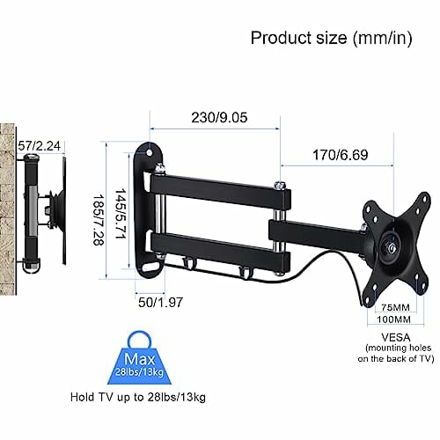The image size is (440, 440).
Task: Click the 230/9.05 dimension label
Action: click(x=219, y=117)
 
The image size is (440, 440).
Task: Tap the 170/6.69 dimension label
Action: click(x=341, y=155)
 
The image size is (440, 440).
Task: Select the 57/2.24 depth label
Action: click(x=40, y=146)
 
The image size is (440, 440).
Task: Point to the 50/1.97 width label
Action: click(x=160, y=302)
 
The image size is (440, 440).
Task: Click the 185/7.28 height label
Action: click(x=98, y=220)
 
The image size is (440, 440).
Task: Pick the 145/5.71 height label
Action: click(x=121, y=213)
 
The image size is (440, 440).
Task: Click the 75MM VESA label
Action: click(x=395, y=307)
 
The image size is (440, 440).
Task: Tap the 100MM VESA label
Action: click(x=394, y=319)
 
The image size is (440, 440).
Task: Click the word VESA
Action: click(x=396, y=337)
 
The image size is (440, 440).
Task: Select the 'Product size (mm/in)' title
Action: click(x=331, y=38)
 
